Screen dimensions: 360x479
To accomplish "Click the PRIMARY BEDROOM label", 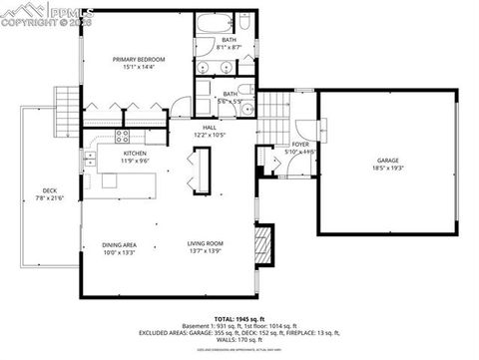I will click(139, 60).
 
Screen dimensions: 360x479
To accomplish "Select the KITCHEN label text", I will click(135, 153).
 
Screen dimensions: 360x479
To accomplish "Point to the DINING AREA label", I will click(119, 244).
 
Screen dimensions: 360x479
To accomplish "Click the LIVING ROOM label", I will click(205, 244).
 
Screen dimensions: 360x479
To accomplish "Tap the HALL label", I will click(210, 128).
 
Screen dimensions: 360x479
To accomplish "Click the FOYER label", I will click(299, 144).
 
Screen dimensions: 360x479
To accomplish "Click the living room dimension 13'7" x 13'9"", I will click(205, 252).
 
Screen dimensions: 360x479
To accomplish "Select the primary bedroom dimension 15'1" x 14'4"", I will click(139, 68).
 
